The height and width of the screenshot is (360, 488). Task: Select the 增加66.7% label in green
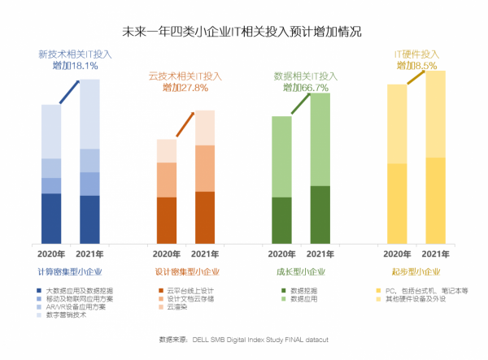tap(305, 88)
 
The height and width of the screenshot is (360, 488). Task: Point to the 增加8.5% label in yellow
tap(417, 65)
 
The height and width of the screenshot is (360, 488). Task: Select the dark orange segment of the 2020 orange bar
tap(166, 219)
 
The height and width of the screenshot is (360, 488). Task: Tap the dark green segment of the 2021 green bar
tap(320, 214)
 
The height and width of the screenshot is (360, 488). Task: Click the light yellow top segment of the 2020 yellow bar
tap(397, 124)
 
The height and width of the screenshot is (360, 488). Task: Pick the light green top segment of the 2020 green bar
tap(281, 156)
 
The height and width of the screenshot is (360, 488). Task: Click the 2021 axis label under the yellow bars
tap(435, 254)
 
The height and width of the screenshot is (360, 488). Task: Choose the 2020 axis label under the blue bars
tap(51, 254)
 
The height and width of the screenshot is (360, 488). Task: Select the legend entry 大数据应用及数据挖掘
tap(78, 290)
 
